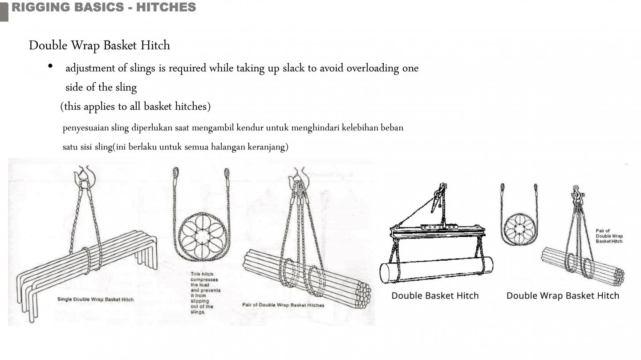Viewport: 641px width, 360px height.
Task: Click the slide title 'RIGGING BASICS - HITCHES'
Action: (103, 8)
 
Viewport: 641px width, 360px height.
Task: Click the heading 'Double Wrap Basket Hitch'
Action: (99, 45)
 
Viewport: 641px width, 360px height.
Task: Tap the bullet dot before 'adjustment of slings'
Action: (51, 66)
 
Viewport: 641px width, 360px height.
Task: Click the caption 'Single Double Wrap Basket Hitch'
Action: (95, 299)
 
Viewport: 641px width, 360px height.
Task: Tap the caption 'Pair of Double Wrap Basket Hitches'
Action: (283, 305)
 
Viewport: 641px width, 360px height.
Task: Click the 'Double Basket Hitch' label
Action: (435, 296)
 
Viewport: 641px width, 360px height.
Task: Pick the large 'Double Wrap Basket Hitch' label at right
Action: (563, 296)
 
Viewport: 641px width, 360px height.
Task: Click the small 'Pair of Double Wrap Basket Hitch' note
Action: (609, 236)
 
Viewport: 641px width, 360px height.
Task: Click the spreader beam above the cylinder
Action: (438, 231)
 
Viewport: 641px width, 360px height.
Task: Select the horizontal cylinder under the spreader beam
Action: (436, 269)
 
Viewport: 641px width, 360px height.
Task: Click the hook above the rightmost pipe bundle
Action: (577, 194)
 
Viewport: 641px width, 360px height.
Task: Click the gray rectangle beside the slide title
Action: (4, 11)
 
